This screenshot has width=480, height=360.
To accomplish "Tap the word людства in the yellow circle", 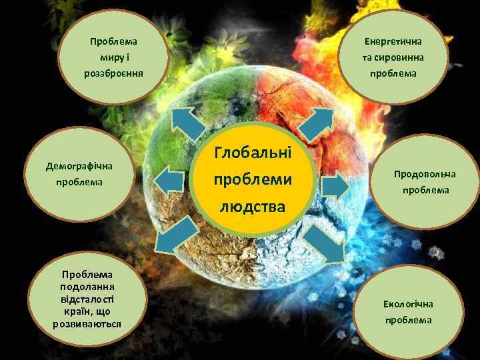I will tap(253, 207).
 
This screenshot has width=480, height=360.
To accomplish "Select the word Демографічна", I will tap(79, 165).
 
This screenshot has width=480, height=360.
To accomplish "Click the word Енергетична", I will tap(393, 41).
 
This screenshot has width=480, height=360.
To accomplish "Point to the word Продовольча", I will tap(425, 174).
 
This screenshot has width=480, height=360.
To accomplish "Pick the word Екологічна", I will tap(408, 304).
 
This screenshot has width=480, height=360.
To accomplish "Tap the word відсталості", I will tap(87, 299).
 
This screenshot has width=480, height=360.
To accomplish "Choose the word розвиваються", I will tap(87, 324).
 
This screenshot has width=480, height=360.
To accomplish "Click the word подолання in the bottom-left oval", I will tap(87, 286).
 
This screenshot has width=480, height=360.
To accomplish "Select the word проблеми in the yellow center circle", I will tap(253, 180).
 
